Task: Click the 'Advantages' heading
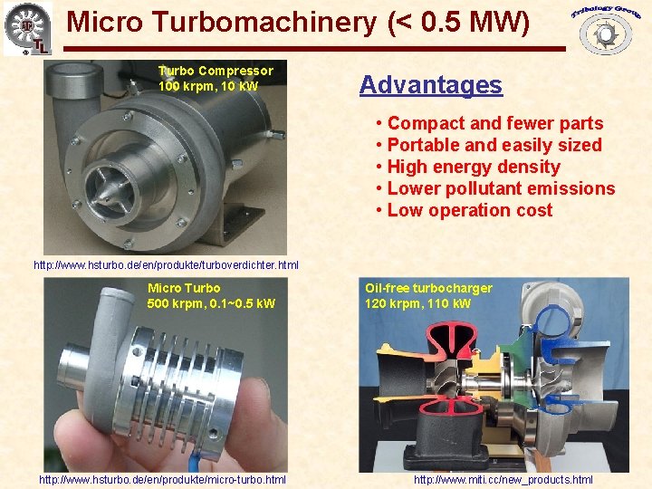coord(430,85)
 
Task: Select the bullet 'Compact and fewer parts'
coord(494,123)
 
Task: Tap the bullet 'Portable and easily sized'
coord(494,145)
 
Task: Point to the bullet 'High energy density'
coord(474,167)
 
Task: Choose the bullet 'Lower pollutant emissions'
coord(501,188)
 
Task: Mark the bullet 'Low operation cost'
coord(469,210)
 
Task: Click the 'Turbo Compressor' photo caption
coord(216,71)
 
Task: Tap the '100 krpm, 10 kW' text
coord(208,86)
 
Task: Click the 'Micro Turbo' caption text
coord(184,288)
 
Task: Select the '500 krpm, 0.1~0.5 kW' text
coord(211,303)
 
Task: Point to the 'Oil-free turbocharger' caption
coord(428,288)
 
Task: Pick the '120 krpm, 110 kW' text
coord(417,303)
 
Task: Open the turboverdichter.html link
coord(166,265)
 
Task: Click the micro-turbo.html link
coord(162,479)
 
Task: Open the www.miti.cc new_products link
coord(503,479)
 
